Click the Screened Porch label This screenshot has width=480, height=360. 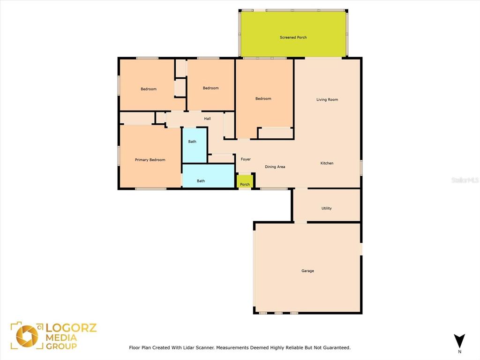[x=293, y=37]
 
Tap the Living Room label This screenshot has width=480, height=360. [x=327, y=99]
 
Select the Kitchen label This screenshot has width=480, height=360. [x=327, y=163]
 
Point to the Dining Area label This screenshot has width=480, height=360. [x=275, y=167]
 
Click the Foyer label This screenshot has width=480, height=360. [x=246, y=159]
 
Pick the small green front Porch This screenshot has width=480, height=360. [x=245, y=181]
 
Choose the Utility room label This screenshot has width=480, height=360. [x=326, y=208]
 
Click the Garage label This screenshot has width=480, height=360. [x=307, y=271]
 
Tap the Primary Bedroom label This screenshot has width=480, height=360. [x=150, y=160]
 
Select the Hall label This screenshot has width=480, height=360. [x=207, y=119]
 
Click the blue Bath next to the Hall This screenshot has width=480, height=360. [x=195, y=145]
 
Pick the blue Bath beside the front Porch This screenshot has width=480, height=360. [x=209, y=176]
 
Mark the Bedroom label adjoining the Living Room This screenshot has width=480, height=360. [x=263, y=98]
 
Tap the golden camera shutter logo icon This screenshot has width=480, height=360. [x=27, y=336]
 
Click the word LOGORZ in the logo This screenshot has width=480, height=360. [x=71, y=328]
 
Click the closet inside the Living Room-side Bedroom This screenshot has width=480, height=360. [x=276, y=133]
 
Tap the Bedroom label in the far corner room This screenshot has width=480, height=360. [x=149, y=89]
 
